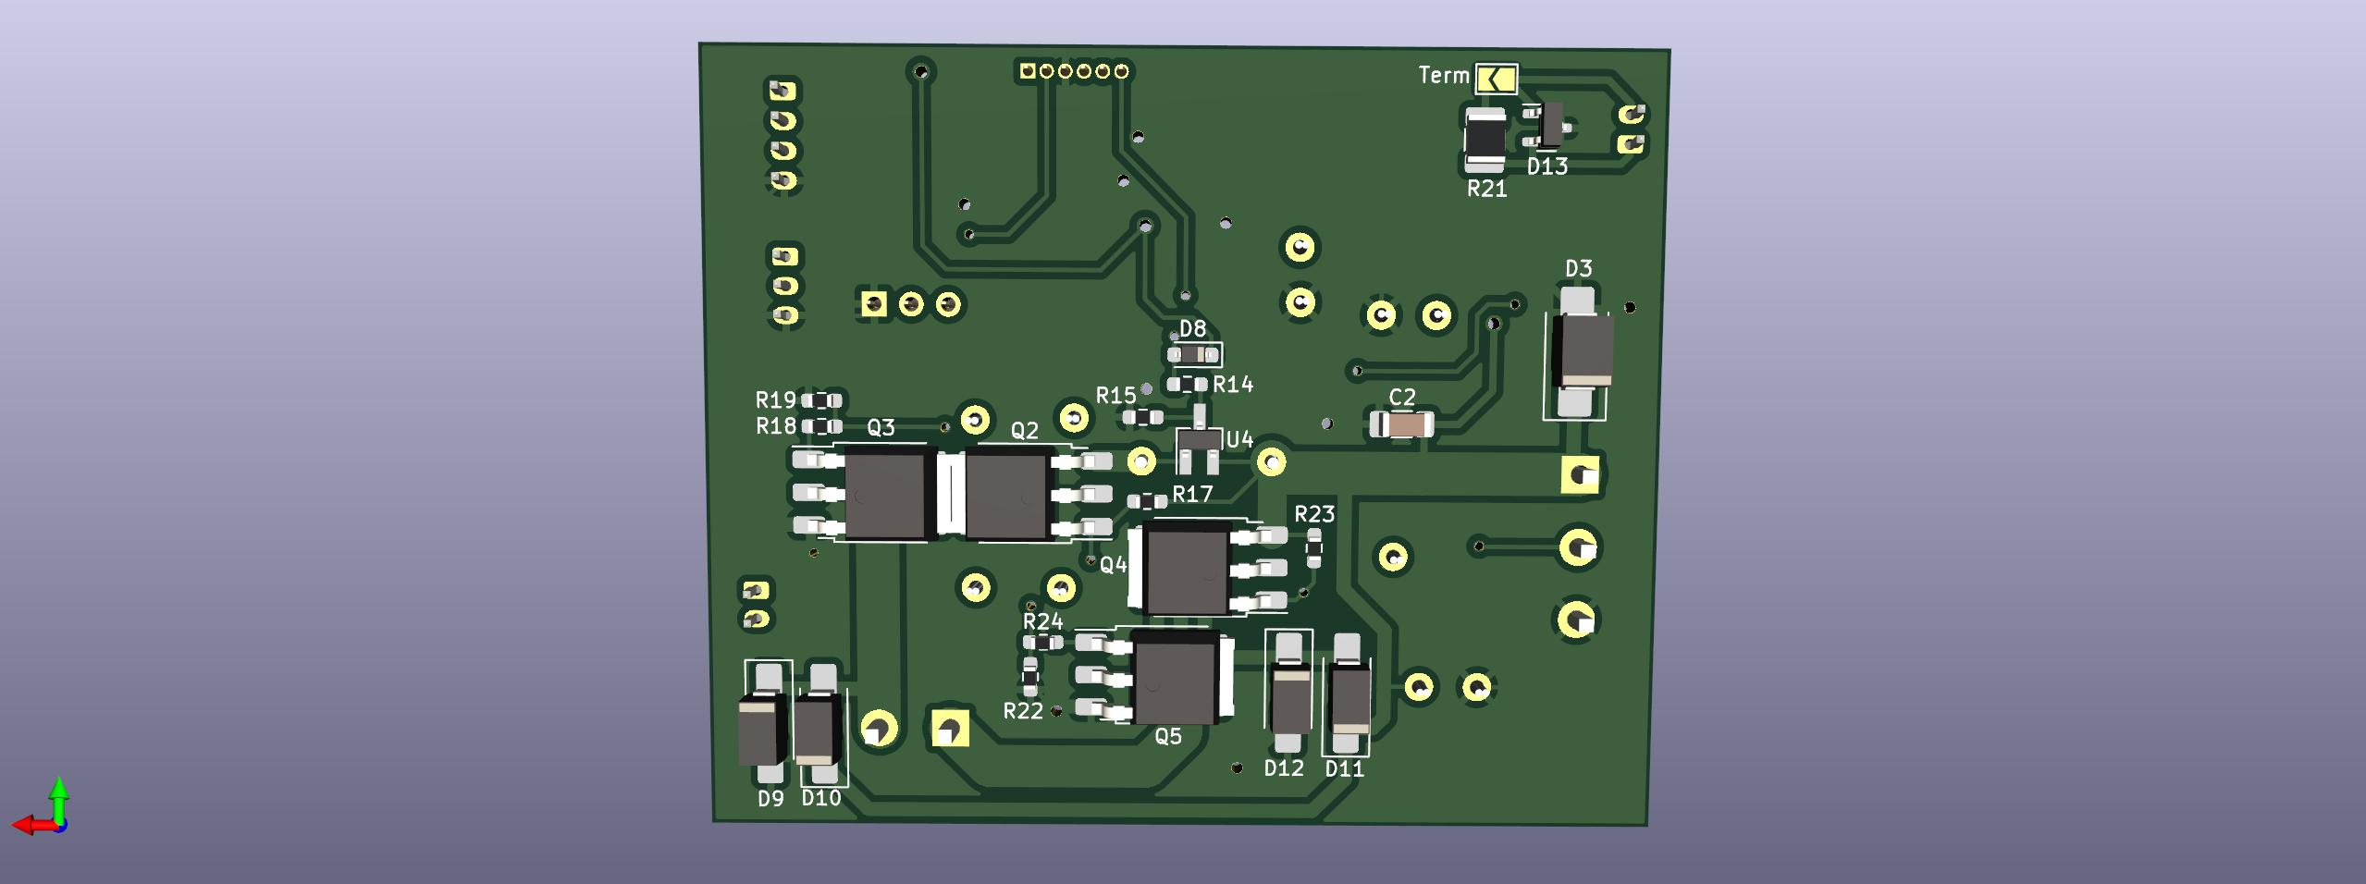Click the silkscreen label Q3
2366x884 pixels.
[x=881, y=427]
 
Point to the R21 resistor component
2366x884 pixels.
[x=1485, y=141]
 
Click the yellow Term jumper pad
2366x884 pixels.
[x=1496, y=79]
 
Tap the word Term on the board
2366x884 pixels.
[x=1443, y=76]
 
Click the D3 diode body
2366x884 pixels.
[x=1583, y=350]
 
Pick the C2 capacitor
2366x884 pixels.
[x=1402, y=424]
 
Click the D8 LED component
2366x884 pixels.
[x=1192, y=354]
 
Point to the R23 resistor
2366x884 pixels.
[x=1313, y=549]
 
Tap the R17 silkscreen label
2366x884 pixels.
[x=1192, y=495]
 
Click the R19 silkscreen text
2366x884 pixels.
[x=775, y=400]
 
